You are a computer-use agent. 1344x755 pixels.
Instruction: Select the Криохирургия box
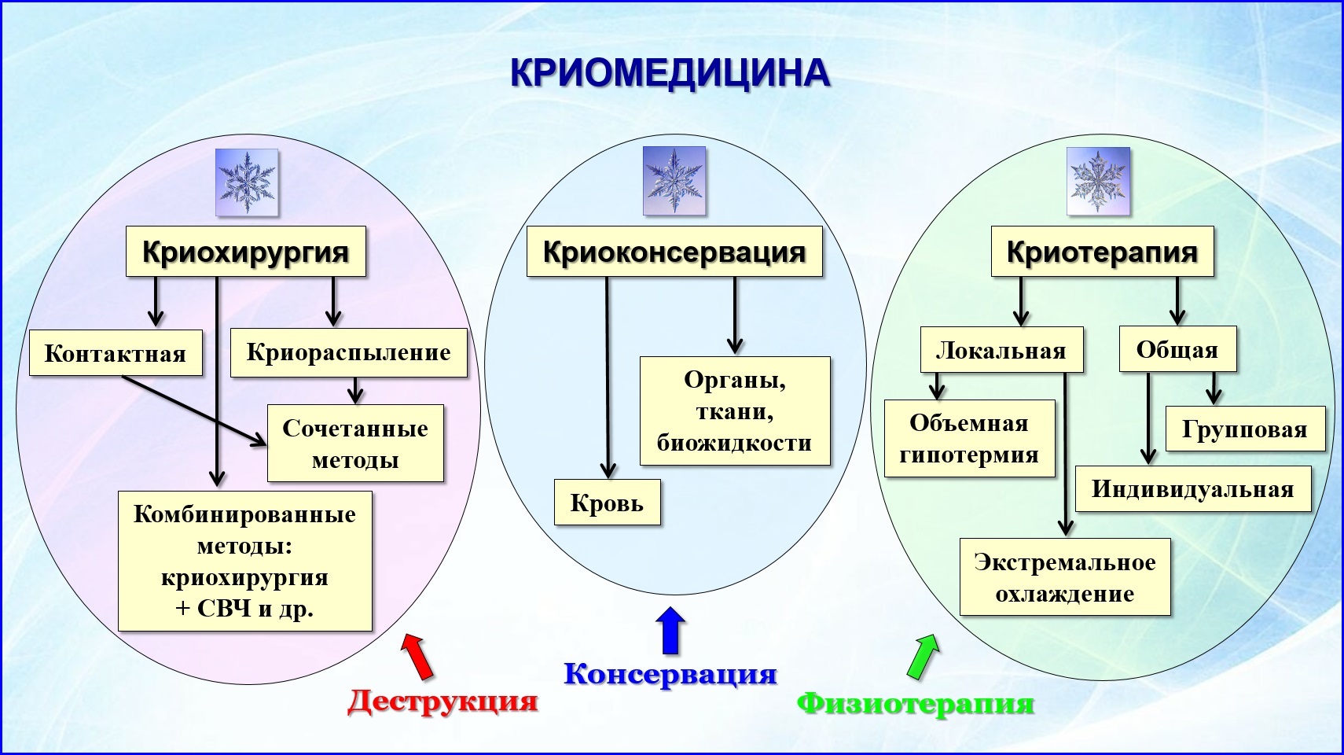click(x=245, y=252)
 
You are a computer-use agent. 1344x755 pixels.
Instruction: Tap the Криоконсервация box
click(x=674, y=252)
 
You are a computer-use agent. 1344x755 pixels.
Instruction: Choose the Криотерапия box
click(x=1102, y=252)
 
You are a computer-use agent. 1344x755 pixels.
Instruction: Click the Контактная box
click(x=116, y=352)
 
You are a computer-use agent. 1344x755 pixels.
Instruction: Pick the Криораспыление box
click(x=348, y=352)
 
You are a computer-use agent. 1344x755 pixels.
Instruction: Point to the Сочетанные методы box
click(x=355, y=444)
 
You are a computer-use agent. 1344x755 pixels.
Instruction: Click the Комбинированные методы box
click(x=244, y=561)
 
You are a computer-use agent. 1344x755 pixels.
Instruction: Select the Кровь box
click(x=607, y=503)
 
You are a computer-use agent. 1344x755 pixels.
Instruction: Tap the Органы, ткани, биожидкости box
click(x=734, y=411)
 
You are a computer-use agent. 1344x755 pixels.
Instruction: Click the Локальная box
click(x=1001, y=350)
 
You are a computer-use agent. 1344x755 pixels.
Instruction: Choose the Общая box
click(x=1177, y=349)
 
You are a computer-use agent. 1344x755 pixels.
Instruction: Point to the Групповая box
click(x=1244, y=429)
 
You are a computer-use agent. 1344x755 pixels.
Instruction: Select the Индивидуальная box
click(x=1192, y=489)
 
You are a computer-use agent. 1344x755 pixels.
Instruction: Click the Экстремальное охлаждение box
click(x=1065, y=577)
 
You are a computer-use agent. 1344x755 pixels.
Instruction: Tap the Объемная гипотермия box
click(x=969, y=438)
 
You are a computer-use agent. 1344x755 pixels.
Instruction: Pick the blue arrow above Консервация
click(x=670, y=632)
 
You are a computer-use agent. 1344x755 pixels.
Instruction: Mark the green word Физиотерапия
click(x=916, y=702)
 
